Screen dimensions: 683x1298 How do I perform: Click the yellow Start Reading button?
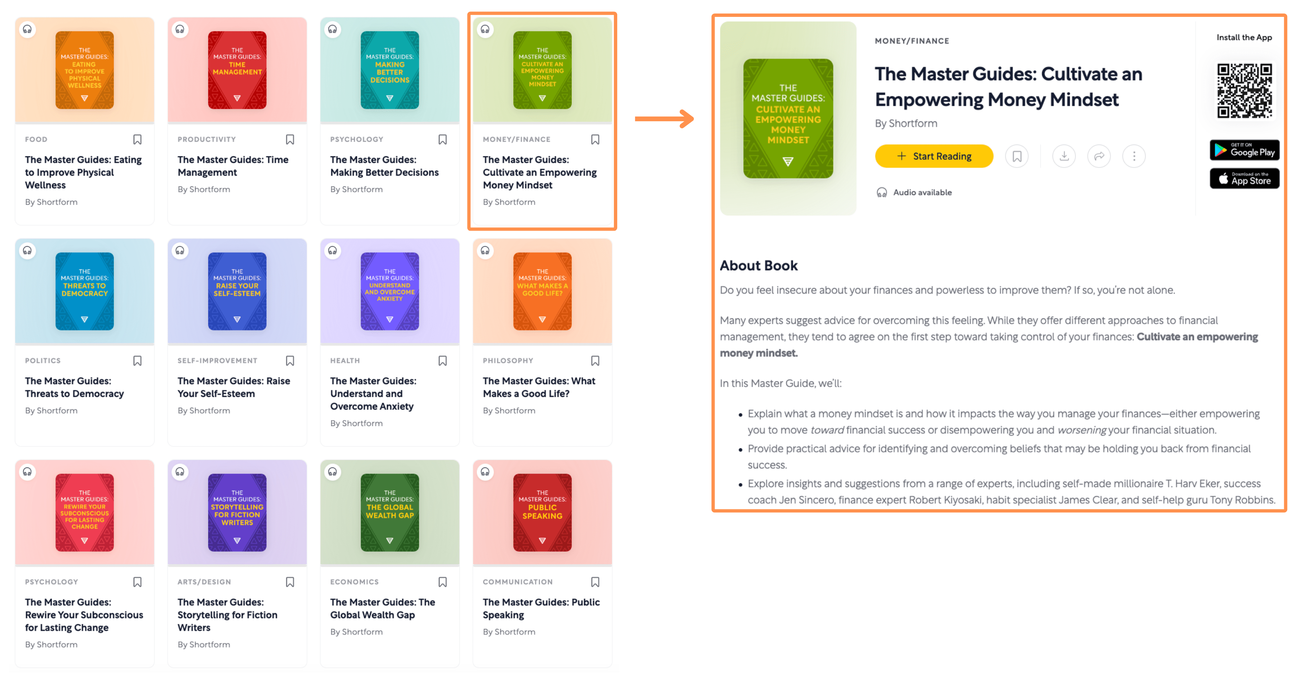point(934,156)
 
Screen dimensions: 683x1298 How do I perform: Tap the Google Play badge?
point(1244,150)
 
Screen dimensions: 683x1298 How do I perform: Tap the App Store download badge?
point(1244,179)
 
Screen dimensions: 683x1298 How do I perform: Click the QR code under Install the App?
point(1244,91)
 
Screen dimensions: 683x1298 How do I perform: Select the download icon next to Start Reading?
point(1064,156)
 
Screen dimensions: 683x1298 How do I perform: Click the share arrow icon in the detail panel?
point(1099,156)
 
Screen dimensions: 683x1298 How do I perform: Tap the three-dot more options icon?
point(1134,156)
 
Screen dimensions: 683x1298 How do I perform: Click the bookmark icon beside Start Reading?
point(1017,156)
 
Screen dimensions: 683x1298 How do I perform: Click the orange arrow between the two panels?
point(664,119)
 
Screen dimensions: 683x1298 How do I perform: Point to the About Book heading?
point(758,265)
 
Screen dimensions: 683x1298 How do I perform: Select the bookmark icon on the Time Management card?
point(290,140)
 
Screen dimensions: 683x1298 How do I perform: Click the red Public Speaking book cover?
point(542,512)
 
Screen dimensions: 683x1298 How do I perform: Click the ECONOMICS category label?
point(354,582)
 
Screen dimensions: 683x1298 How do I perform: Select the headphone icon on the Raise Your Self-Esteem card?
point(180,250)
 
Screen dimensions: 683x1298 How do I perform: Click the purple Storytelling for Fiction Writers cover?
point(237,512)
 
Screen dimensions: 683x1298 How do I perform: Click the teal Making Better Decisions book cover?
point(389,70)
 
